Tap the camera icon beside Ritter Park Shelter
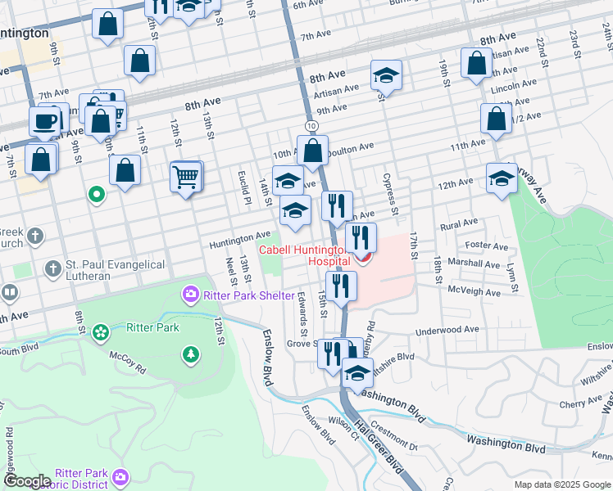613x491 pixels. (x=190, y=293)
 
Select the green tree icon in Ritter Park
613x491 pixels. (x=190, y=354)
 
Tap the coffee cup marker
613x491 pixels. (x=44, y=121)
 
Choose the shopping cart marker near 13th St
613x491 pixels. (x=187, y=176)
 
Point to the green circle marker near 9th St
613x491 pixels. (x=96, y=195)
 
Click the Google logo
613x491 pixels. (x=26, y=481)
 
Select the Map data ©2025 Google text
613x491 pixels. (x=561, y=484)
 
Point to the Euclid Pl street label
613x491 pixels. (x=244, y=188)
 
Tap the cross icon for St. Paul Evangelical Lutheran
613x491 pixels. (x=52, y=268)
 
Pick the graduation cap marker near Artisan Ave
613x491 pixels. (x=386, y=76)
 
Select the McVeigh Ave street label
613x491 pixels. (x=474, y=291)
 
